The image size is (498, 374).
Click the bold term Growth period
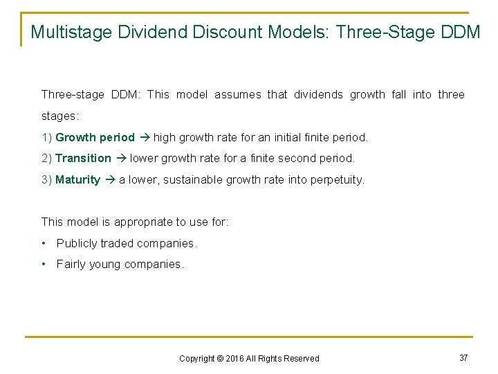point(95,137)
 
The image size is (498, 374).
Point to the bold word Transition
point(83,158)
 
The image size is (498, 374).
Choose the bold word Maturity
point(77,179)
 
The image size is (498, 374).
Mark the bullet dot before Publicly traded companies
point(44,243)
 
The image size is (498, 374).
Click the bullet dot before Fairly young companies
point(44,264)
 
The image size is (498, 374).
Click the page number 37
point(463,357)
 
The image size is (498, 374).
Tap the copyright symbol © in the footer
point(220,358)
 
